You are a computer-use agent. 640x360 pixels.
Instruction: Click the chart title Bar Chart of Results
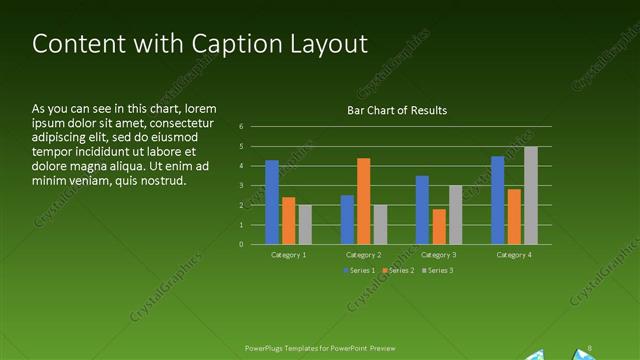(x=396, y=110)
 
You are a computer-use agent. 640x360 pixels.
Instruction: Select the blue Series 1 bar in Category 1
(x=272, y=202)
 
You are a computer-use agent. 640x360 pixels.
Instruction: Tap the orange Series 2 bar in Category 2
(x=363, y=201)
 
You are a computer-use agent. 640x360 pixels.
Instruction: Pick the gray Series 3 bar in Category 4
(x=530, y=195)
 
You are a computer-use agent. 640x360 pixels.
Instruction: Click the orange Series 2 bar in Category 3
(x=439, y=226)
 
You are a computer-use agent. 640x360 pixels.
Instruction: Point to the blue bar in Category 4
(x=497, y=200)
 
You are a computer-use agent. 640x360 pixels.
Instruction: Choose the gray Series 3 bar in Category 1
(x=305, y=224)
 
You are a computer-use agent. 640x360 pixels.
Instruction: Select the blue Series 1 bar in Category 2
(x=347, y=219)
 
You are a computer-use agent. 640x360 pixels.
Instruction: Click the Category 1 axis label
(x=289, y=255)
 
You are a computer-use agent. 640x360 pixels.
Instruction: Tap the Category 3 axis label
(x=439, y=255)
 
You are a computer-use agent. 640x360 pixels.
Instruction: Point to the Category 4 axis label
(x=514, y=255)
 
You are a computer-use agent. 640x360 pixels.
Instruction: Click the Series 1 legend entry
(x=360, y=271)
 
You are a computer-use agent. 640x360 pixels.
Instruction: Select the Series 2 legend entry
(x=399, y=271)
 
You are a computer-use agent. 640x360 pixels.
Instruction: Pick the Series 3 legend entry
(x=437, y=271)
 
